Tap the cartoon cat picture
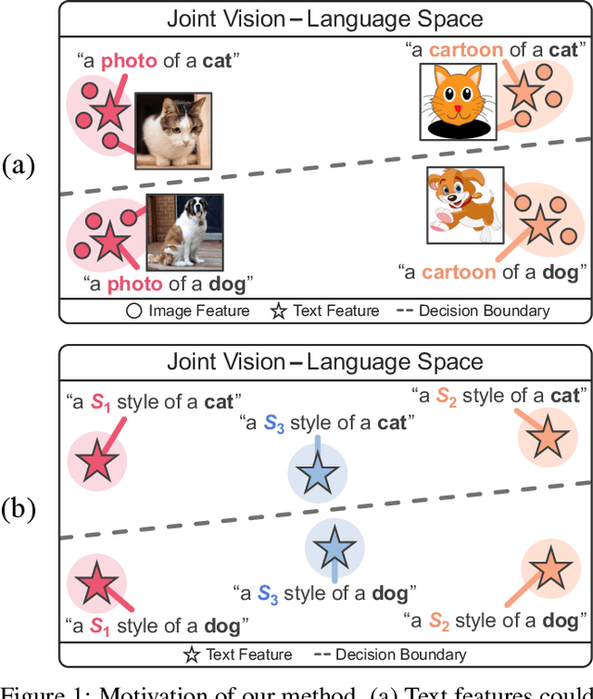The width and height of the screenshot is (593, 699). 456,101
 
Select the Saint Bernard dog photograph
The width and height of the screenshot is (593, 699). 184,231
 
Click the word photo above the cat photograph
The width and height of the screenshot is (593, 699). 129,62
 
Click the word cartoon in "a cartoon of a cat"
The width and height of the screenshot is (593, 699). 466,50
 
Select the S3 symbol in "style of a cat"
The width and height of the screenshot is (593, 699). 273,424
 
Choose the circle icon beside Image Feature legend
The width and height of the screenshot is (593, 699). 134,311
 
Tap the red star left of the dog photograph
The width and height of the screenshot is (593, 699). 107,242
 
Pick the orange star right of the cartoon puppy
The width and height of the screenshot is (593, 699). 536,222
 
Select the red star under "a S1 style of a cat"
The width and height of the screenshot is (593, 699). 95,461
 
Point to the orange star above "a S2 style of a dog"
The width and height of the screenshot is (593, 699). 550,566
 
